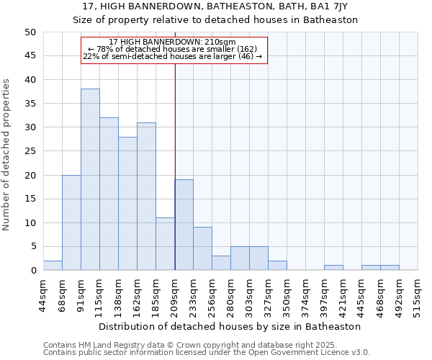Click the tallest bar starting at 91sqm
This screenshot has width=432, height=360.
point(90,179)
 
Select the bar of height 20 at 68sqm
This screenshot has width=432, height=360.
point(71,222)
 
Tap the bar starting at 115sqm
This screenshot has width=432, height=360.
point(109,194)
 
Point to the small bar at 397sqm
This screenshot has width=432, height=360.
point(333,268)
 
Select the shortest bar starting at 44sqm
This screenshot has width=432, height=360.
point(53,266)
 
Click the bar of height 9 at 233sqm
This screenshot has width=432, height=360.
point(202,248)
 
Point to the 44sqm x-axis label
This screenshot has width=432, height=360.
point(43,294)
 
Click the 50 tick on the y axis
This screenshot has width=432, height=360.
point(30,32)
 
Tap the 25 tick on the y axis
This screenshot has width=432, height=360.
point(30,151)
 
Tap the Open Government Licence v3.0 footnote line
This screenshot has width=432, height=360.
point(207,353)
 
